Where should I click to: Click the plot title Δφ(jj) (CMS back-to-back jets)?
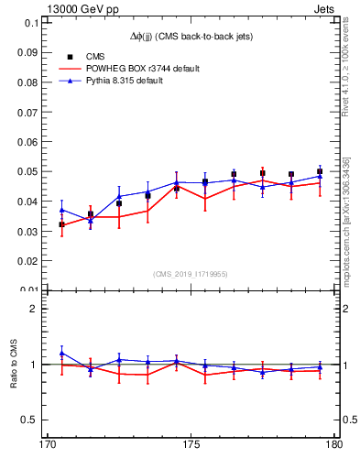(191, 35)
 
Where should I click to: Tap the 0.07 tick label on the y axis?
(29, 112)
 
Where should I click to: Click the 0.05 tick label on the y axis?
(29, 171)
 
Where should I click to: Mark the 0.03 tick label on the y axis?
(29, 231)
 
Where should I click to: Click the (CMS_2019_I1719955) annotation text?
(191, 273)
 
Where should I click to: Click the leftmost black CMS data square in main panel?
(62, 224)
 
